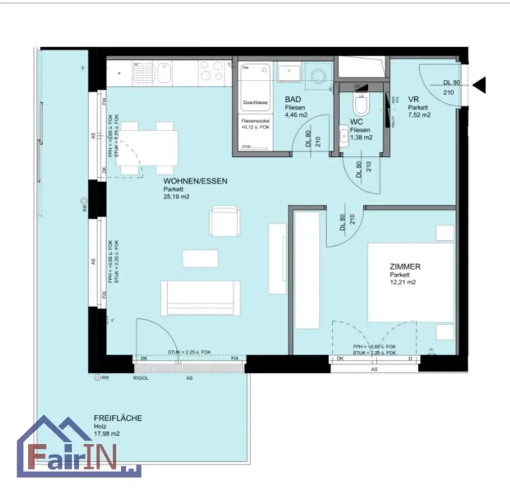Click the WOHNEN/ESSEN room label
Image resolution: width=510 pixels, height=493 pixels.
click(195, 181)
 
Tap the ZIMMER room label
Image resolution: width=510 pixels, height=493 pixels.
click(405, 267)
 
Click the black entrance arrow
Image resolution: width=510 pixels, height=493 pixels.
click(479, 86)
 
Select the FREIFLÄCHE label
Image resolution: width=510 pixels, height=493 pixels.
click(118, 418)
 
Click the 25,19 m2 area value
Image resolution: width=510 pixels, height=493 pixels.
click(176, 197)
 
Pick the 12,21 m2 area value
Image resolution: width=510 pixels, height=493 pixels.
click(403, 282)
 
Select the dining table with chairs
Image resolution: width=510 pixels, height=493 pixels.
click(149, 148)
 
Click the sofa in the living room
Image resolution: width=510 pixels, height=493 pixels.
click(200, 298)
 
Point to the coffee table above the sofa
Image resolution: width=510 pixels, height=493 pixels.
click(200, 258)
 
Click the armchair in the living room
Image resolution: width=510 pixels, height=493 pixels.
click(225, 221)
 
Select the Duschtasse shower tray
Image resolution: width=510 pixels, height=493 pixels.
click(255, 87)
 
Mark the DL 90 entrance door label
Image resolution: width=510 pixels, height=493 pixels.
click(451, 83)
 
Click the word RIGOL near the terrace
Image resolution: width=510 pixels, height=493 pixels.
click(141, 378)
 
